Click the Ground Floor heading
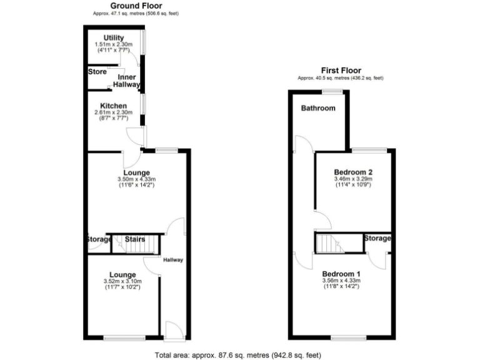tap(134, 6)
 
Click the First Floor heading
tap(341, 70)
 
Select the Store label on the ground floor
tap(97, 72)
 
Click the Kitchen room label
tap(113, 106)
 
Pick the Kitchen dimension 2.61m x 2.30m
tap(113, 112)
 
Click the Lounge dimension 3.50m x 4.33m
tap(136, 179)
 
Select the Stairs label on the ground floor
tap(135, 239)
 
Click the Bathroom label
tap(318, 108)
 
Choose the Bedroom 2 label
tap(353, 172)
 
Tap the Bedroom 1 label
tap(342, 274)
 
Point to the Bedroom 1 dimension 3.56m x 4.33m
tap(342, 281)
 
